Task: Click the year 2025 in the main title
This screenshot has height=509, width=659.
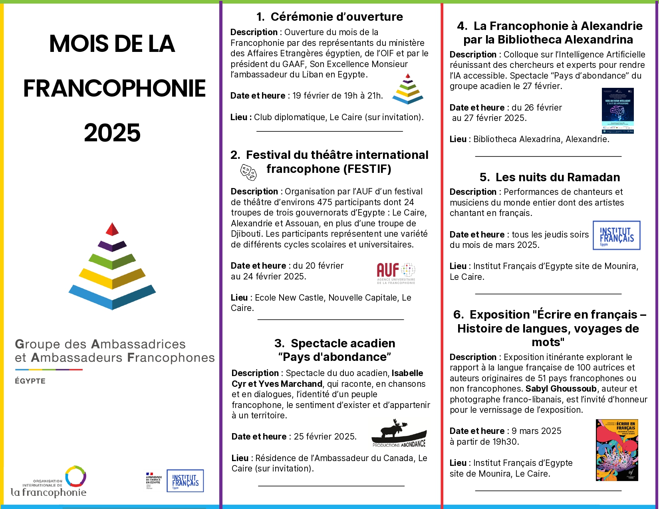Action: (x=112, y=133)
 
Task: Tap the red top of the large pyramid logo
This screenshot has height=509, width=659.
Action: (x=112, y=229)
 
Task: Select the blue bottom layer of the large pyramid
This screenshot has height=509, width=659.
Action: (x=112, y=297)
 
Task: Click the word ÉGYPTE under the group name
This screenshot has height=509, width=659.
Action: (x=30, y=381)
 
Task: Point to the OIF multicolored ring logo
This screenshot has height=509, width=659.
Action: (x=75, y=477)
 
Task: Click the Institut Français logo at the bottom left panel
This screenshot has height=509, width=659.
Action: (x=185, y=481)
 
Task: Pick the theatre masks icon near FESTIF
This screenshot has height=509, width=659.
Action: (x=248, y=172)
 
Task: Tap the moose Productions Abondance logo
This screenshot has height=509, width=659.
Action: (x=399, y=433)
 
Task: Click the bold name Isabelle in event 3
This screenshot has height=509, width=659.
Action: (x=407, y=373)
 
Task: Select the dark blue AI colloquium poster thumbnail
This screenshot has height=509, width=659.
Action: (x=617, y=111)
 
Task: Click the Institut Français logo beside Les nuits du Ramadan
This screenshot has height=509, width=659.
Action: (x=616, y=236)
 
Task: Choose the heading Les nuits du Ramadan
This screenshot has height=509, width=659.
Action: (x=550, y=177)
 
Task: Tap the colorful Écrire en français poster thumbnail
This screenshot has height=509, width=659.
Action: (x=617, y=450)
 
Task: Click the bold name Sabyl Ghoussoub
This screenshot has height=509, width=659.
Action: (x=561, y=389)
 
